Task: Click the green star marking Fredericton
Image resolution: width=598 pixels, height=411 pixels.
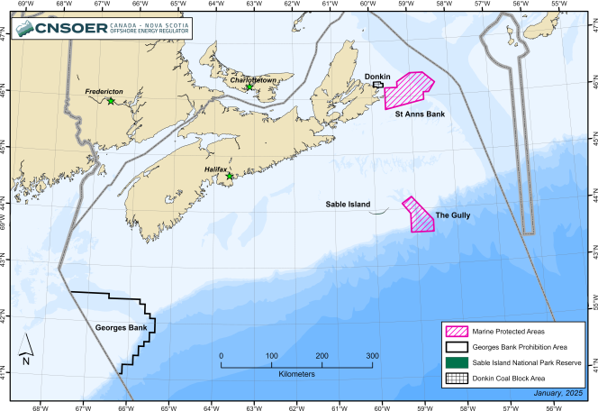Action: pos(111,101)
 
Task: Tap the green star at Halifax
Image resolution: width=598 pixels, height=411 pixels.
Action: pos(230,177)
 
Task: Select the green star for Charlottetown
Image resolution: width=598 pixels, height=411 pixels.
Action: pos(249,87)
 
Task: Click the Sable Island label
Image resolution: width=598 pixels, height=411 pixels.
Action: pos(348,205)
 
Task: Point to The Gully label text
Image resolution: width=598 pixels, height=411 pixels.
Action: pos(453,215)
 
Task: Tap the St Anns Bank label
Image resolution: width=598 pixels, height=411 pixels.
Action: pos(420,114)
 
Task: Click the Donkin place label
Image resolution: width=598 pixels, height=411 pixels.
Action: pos(377,77)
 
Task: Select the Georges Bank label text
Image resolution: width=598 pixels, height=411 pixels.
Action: pos(121,328)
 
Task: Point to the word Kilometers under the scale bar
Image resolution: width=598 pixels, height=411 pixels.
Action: pos(296,372)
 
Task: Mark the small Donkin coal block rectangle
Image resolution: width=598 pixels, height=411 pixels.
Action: pos(378,84)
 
